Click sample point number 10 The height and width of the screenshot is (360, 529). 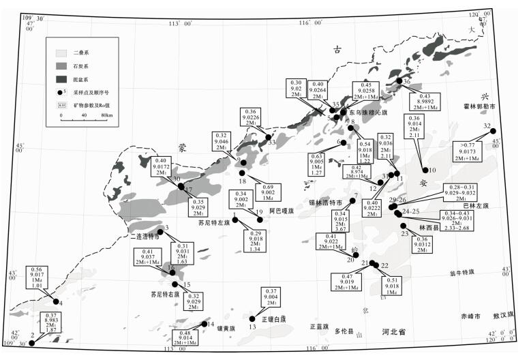pyautogui.click(x=425, y=170)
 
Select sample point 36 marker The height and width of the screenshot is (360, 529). pyautogui.click(x=399, y=81)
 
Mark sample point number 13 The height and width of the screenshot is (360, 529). pyautogui.click(x=252, y=318)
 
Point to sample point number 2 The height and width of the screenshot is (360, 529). pyautogui.click(x=32, y=343)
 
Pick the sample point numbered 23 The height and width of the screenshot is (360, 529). pyautogui.click(x=405, y=226)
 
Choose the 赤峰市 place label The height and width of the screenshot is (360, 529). pyautogui.click(x=469, y=316)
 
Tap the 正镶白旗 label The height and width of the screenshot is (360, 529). pyautogui.click(x=273, y=318)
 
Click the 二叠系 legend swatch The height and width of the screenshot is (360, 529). pyautogui.click(x=60, y=52)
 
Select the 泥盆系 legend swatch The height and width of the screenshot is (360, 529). pyautogui.click(x=60, y=79)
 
